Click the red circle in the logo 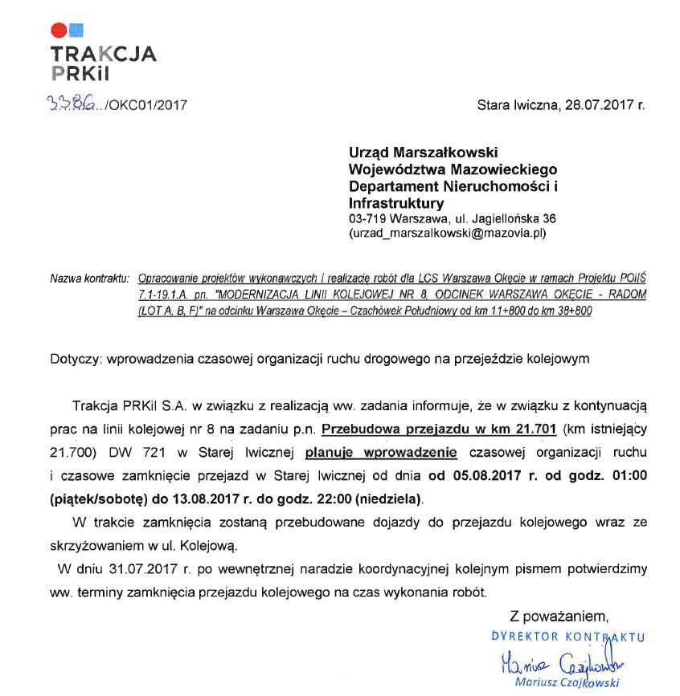[58, 31]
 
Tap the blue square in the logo [76, 31]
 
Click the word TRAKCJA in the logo [103, 55]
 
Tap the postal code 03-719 [367, 218]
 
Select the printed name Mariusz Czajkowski [567, 683]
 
